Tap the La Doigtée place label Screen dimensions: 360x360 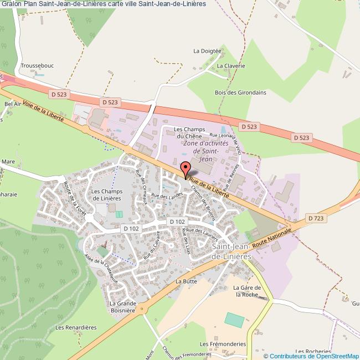[x=207, y=50]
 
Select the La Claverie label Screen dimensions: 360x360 [x=230, y=65]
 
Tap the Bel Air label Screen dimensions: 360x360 [x=12, y=104]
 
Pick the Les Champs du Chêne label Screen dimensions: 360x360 [x=188, y=133]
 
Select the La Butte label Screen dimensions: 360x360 [x=186, y=281]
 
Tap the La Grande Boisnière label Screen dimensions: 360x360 [x=122, y=307]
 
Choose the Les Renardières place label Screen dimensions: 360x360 [x=73, y=327]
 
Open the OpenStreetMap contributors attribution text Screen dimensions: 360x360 [x=311, y=356]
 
